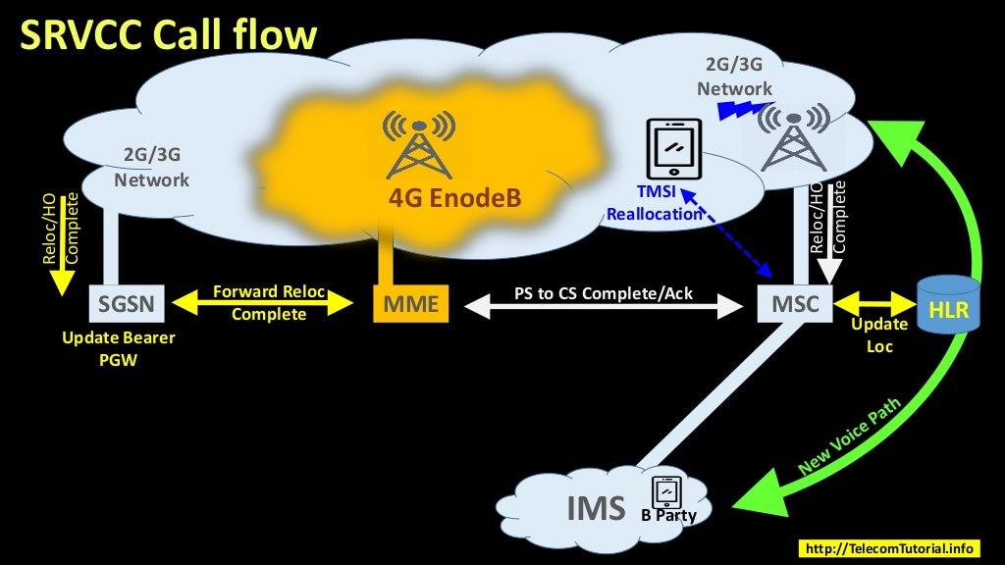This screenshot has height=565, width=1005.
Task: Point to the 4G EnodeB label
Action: (x=454, y=198)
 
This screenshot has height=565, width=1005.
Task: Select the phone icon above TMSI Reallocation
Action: (x=674, y=148)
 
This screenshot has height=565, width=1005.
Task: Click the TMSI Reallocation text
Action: (x=656, y=204)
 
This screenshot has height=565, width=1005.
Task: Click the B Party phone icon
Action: (x=666, y=489)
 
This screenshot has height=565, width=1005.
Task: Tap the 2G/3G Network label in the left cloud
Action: (x=151, y=168)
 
